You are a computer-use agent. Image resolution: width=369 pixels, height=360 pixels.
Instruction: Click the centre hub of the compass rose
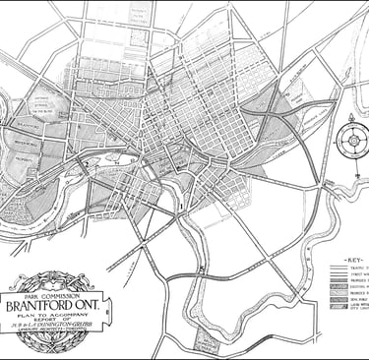point(350,140)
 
